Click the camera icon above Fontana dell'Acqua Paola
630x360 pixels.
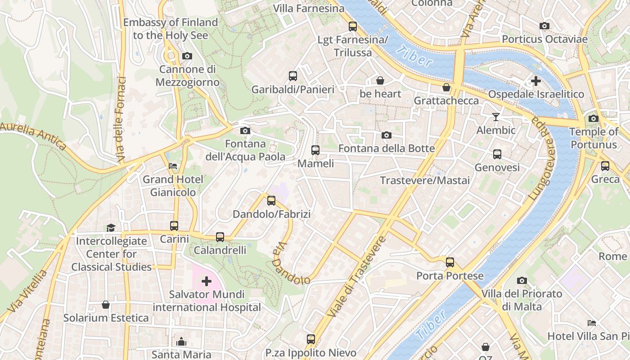245,130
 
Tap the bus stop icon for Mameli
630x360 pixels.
315,150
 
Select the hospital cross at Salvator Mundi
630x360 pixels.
207,281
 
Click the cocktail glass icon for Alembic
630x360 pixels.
495,117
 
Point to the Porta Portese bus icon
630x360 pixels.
450,262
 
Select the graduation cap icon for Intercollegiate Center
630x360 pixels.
111,228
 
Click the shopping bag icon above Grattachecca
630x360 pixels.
446,87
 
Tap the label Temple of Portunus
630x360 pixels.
594,138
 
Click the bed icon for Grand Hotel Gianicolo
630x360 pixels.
173,166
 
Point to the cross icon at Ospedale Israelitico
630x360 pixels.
535,81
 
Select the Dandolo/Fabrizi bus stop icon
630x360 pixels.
271,201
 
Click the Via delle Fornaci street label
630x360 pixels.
121,119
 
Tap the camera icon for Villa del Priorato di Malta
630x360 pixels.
522,281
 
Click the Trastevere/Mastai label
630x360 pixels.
424,180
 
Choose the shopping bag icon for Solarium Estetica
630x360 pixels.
106,305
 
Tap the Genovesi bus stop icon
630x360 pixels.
497,154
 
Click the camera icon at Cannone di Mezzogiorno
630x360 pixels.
187,56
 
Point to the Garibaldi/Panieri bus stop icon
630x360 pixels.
293,76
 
